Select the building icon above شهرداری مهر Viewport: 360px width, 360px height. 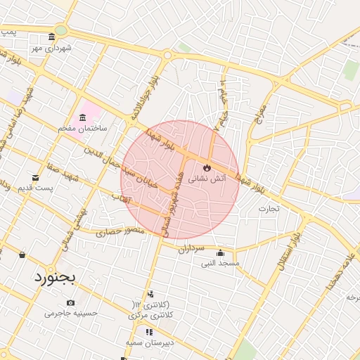pyautogui.click(x=51, y=37)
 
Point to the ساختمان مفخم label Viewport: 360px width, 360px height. pyautogui.click(x=83, y=129)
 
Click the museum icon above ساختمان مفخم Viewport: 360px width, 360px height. pyautogui.click(x=83, y=117)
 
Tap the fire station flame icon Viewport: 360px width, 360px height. pyautogui.click(x=207, y=167)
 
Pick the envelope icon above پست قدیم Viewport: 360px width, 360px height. pyautogui.click(x=35, y=178)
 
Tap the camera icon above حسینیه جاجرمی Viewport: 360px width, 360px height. pyautogui.click(x=70, y=302)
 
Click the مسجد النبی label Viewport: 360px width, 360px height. pyautogui.click(x=221, y=263)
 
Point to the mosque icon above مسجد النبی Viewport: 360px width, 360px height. pyautogui.click(x=221, y=253)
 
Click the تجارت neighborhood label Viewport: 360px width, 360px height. pyautogui.click(x=269, y=208)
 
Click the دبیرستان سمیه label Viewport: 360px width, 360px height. pyautogui.click(x=145, y=342)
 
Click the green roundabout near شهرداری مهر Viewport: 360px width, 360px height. pyautogui.click(x=61, y=30)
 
